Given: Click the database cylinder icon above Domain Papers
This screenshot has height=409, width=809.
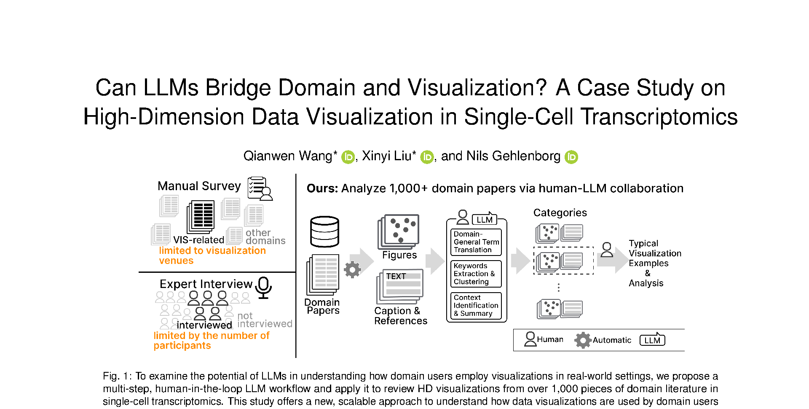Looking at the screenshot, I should (324, 231).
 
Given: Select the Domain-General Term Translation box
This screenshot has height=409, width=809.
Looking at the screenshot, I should (476, 242).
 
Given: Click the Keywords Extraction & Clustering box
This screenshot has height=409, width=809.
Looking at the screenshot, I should (476, 274).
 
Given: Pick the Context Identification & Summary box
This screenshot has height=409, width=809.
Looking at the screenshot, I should (476, 306).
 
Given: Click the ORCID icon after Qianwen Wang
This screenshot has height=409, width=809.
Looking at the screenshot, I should (348, 157).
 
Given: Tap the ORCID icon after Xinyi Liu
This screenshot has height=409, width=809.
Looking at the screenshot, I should (427, 157).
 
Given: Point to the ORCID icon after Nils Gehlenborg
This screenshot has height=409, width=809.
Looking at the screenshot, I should (571, 157).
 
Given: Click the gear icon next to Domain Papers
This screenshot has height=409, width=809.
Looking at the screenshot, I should (352, 269).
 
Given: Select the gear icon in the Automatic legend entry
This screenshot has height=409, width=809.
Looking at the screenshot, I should (583, 340).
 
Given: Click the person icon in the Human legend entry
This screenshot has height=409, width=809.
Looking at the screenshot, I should (530, 339).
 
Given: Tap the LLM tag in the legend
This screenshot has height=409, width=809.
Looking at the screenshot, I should (652, 340).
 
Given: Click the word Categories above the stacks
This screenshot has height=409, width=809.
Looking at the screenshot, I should (560, 213).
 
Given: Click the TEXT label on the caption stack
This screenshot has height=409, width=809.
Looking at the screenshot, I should (396, 276).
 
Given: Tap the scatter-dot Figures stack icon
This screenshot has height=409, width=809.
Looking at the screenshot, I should (399, 231).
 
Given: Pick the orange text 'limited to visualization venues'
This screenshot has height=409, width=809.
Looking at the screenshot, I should (212, 256).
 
